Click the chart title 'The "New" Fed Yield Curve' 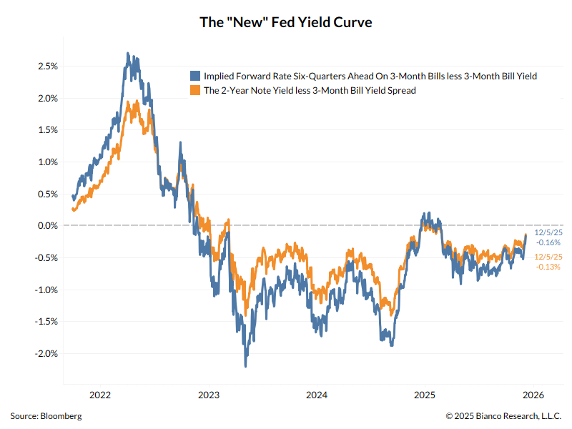click(286, 22)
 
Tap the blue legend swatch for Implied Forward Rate click(194, 76)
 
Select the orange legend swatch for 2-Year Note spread click(194, 91)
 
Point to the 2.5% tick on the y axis click(48, 66)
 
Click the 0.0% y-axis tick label click(48, 226)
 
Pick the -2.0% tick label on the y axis click(46, 354)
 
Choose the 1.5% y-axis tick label click(48, 130)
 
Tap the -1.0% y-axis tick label click(46, 290)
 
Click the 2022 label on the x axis click(100, 395)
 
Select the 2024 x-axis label click(317, 395)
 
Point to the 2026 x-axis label click(533, 395)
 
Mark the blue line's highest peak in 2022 click(127, 54)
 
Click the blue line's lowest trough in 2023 click(245, 366)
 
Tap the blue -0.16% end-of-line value click(548, 242)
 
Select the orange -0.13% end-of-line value click(548, 267)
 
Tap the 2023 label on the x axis click(209, 395)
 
